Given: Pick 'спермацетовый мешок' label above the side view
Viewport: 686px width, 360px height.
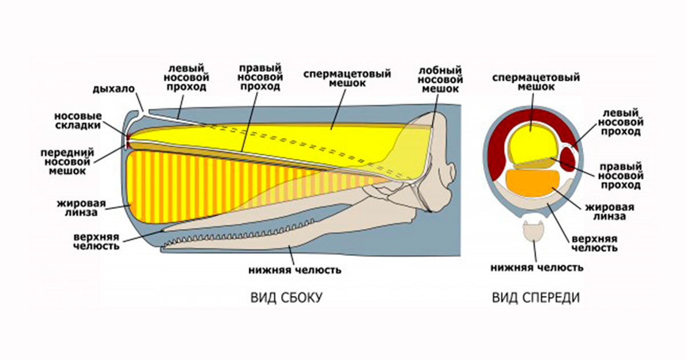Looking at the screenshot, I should click(347, 78).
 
